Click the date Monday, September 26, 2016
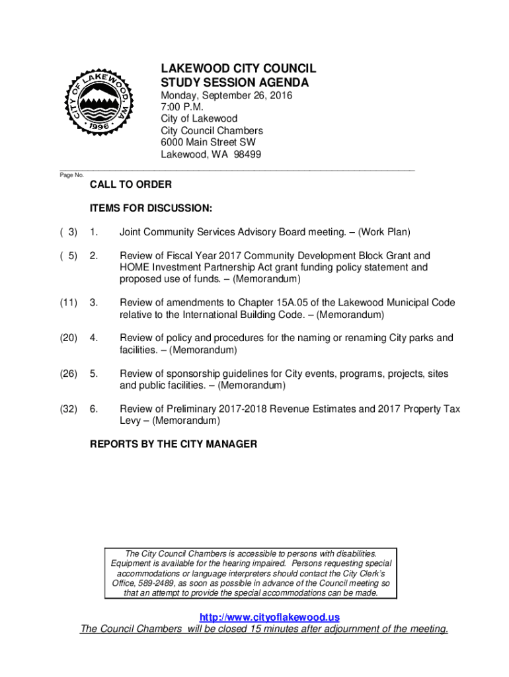coord(227,96)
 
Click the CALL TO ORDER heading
coord(131,184)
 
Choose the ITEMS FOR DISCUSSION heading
coord(151,208)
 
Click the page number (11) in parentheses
coord(68,303)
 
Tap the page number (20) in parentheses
coord(68,338)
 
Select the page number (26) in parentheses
coord(68,374)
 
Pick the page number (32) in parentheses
coord(68,409)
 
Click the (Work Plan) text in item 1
coord(385,232)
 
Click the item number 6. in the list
coord(95,409)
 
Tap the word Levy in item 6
coord(130,420)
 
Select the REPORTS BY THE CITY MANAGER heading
coord(173,444)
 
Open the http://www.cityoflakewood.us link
coord(264,617)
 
